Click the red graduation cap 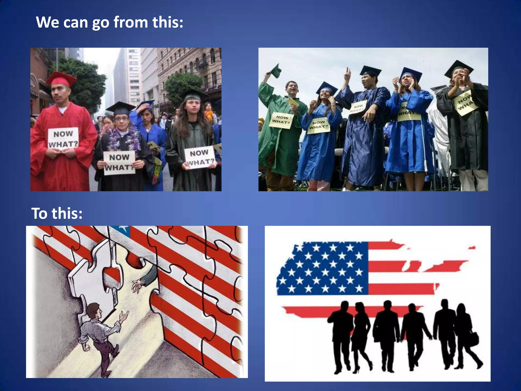tap(61, 79)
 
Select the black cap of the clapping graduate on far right tap(459, 67)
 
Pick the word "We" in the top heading tap(48, 22)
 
